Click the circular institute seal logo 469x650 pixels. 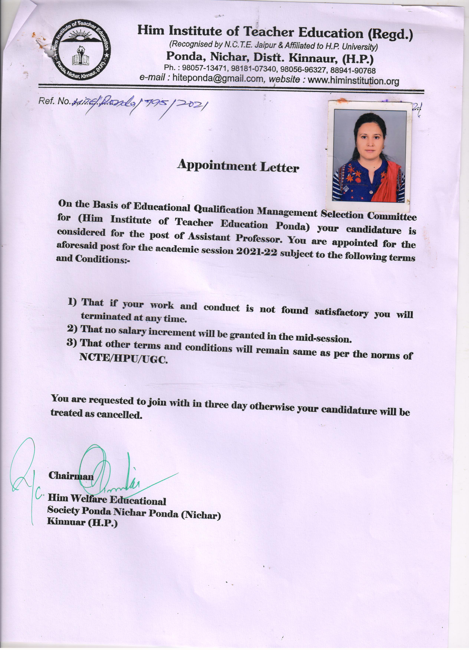click(81, 50)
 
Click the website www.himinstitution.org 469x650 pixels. click(353, 81)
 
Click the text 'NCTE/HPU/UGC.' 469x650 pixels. click(124, 358)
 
